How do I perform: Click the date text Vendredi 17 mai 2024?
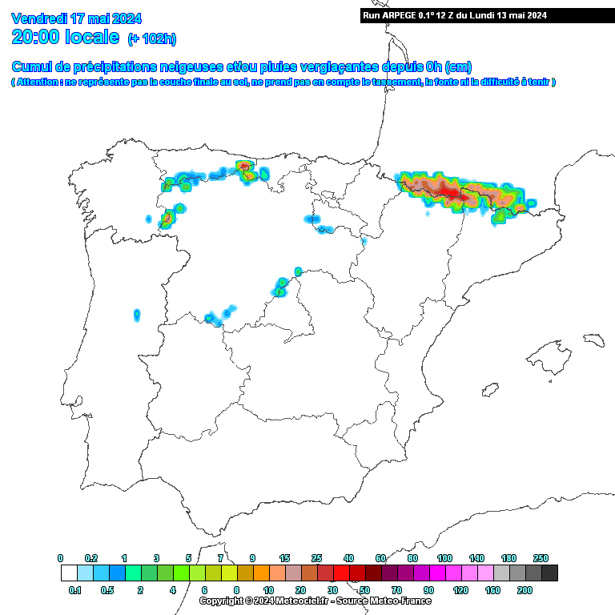[x=77, y=18]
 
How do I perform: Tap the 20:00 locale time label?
[x=66, y=37]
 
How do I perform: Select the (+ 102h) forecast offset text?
[x=151, y=38]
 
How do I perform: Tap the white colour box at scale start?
[x=69, y=573]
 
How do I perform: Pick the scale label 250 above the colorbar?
[x=541, y=558]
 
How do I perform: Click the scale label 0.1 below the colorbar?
[x=76, y=589]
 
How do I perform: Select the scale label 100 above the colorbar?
[x=444, y=558]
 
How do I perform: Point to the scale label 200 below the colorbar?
[x=525, y=589]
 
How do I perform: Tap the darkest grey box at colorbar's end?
[x=549, y=573]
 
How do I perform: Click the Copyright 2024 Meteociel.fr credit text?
[x=314, y=601]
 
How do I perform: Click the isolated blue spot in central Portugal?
[x=137, y=315]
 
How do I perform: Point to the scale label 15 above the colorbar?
[x=284, y=558]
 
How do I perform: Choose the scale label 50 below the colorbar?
[x=364, y=589]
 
